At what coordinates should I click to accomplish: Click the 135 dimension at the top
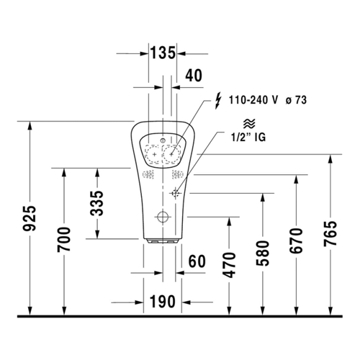163,53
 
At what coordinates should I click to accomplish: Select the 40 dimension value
194,76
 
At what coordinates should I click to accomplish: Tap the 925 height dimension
30,218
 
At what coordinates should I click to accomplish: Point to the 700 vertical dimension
64,239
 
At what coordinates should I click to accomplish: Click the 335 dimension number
97,203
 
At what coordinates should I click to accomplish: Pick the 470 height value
229,265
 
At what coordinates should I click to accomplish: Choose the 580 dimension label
263,253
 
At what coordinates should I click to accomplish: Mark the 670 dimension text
296,240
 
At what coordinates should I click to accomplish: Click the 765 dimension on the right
330,233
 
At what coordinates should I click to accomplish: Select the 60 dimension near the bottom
197,261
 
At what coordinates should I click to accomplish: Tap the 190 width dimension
163,302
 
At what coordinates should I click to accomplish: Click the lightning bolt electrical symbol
217,102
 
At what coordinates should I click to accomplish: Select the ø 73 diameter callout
297,100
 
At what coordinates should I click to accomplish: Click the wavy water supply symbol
249,124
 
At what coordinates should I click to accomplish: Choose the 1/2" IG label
248,138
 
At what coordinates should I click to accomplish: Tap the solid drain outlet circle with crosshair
163,217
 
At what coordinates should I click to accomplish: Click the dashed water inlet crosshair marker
175,193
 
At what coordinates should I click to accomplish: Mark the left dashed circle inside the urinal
154,154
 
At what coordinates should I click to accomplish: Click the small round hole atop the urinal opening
163,140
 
